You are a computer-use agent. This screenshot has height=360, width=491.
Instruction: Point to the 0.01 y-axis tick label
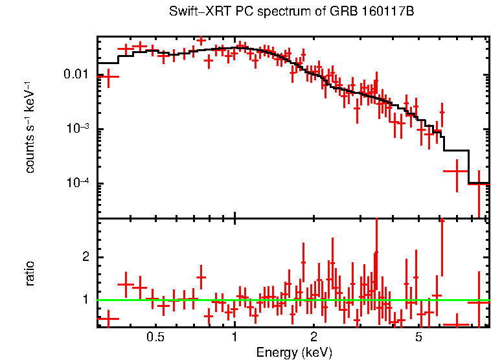tap(76, 74)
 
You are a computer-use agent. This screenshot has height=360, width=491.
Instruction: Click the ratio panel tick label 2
tap(84, 257)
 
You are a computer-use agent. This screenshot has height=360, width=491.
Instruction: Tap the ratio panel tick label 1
tap(84, 300)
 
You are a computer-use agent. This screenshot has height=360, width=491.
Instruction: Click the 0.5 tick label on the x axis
tap(155, 338)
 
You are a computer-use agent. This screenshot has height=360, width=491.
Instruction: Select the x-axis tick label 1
tap(234, 338)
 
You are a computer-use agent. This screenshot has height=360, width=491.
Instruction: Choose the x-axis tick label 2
tap(314, 338)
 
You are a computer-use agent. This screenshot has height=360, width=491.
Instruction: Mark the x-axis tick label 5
tap(418, 338)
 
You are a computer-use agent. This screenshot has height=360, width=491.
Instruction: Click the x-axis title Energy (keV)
tap(294, 353)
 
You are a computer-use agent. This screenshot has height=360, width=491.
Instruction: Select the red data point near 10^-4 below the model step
tap(455, 171)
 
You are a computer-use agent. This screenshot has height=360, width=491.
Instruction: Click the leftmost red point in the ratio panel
tap(108, 319)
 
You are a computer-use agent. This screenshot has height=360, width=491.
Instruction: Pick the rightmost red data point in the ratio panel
tap(479, 302)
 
